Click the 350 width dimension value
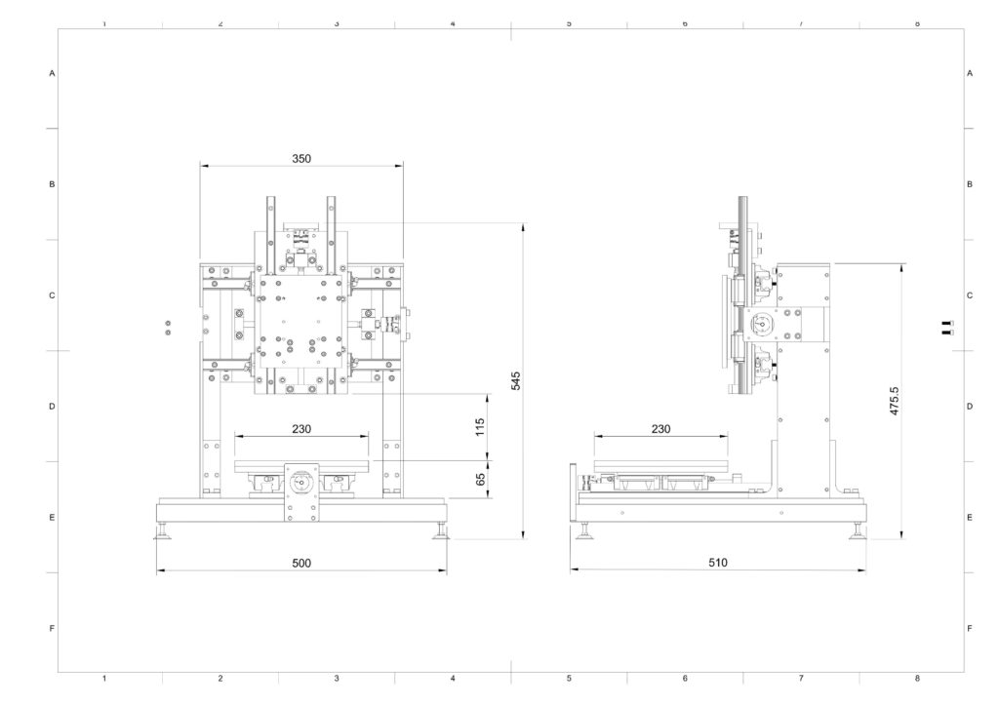tap(301, 159)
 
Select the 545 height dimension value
tap(516, 380)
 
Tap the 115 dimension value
tap(480, 426)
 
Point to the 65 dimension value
tap(481, 478)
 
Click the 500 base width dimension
tap(301, 563)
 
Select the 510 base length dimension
tap(717, 562)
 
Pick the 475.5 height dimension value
tap(894, 401)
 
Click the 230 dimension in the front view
tap(301, 429)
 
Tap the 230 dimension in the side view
tap(660, 429)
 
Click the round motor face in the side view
tap(760, 324)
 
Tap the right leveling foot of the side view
tap(858, 530)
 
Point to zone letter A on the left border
tap(53, 73)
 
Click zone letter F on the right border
tap(970, 628)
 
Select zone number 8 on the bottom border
tap(917, 679)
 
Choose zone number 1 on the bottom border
tap(104, 679)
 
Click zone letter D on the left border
tap(53, 407)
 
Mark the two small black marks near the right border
tap(947, 328)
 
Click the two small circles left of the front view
tap(168, 328)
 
